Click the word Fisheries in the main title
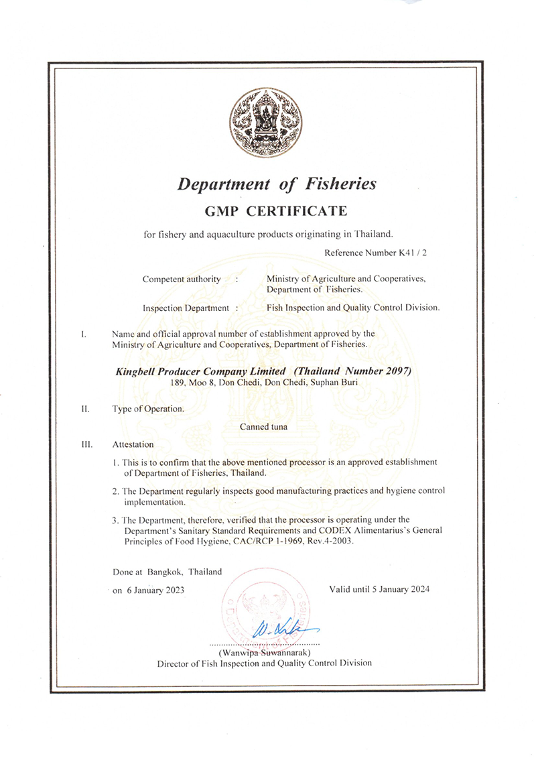(x=339, y=184)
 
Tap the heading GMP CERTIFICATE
(x=275, y=212)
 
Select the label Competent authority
(x=182, y=279)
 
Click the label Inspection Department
(x=186, y=308)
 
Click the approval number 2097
(x=394, y=371)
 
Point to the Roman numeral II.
(x=85, y=408)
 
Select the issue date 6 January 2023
(x=157, y=590)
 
